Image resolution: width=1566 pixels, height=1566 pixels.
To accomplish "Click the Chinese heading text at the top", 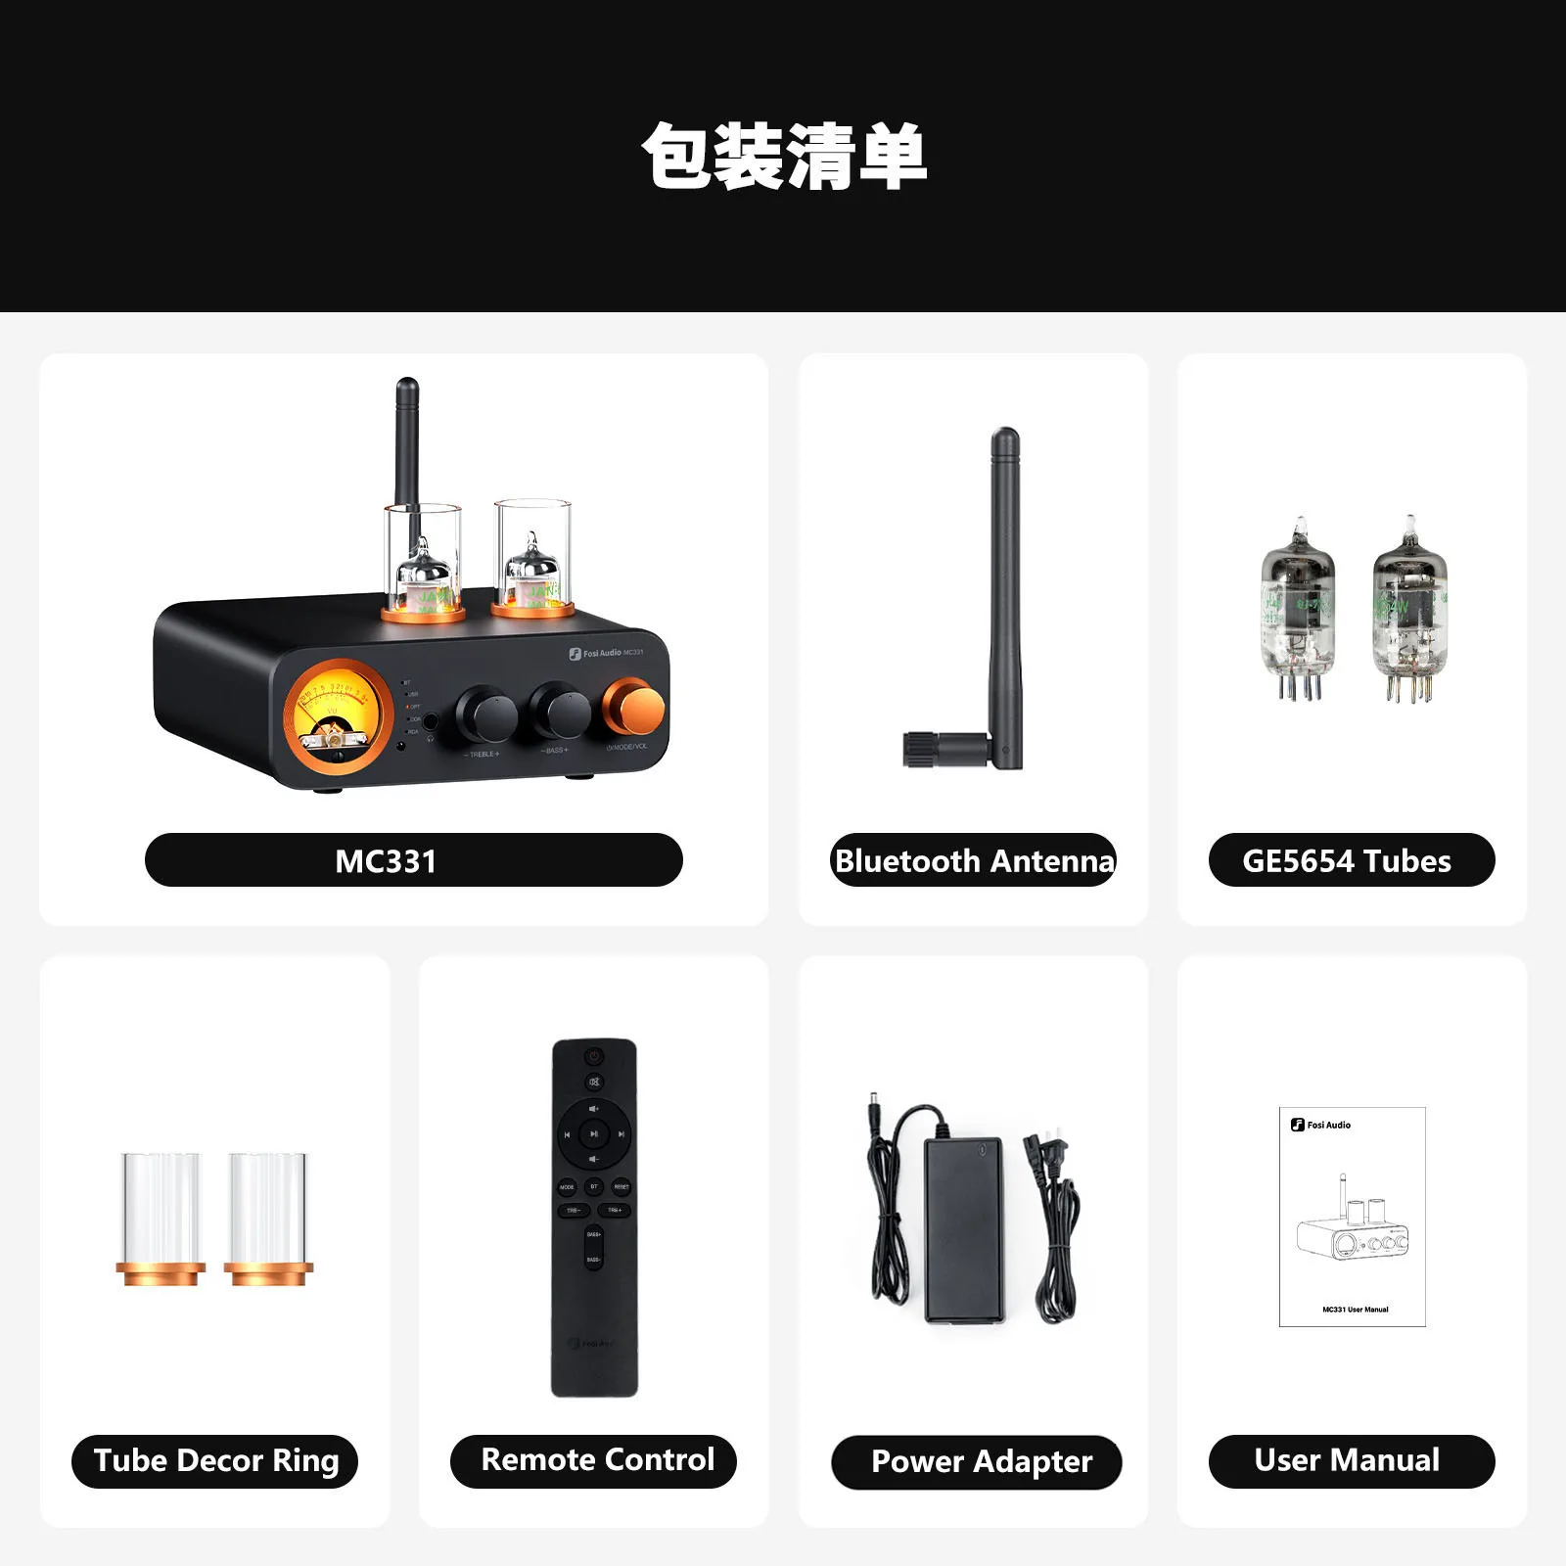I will (x=783, y=157).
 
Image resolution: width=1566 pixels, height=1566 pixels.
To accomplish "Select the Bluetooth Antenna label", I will (x=973, y=860).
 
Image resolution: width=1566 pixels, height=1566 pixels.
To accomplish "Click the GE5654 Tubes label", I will (x=1351, y=860).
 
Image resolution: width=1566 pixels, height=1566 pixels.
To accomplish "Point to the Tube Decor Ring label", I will (x=215, y=1460).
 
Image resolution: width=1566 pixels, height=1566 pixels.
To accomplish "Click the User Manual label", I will (x=1351, y=1460).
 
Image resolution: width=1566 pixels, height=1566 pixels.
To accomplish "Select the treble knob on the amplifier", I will (x=486, y=715).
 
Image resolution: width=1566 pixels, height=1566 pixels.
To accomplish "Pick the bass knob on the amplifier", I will (x=560, y=712).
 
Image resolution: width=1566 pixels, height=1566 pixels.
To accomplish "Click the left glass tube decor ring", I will (x=161, y=1219).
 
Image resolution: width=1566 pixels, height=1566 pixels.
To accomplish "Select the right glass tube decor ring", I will (x=268, y=1219).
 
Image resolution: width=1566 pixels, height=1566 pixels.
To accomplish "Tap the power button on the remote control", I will (x=594, y=1056).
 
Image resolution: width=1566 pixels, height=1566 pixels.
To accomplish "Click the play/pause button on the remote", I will (x=594, y=1133).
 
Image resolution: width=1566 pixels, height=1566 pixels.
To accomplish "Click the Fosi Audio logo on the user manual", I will (x=1321, y=1125).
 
